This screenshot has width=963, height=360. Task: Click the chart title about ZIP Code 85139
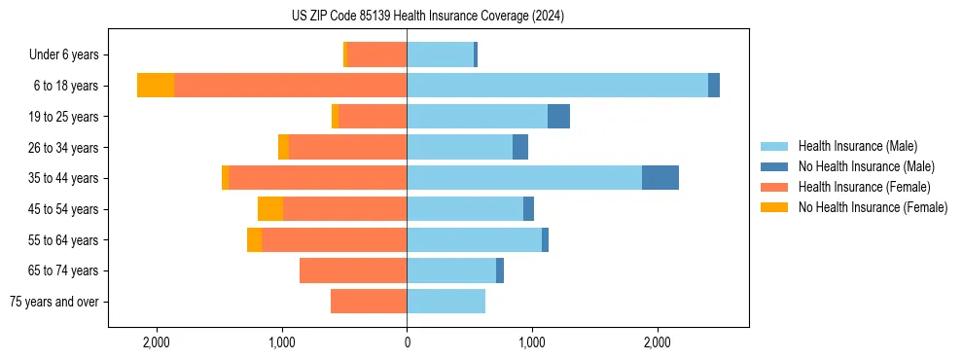pyautogui.click(x=427, y=17)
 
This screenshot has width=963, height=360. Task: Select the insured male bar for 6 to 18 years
pyautogui.click(x=557, y=86)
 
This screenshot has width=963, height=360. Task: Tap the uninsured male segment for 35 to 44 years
pyautogui.click(x=660, y=178)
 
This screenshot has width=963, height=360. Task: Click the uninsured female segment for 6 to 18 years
pyautogui.click(x=156, y=86)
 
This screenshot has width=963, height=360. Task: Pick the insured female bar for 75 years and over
pyautogui.click(x=369, y=302)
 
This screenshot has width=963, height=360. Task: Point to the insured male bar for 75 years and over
pyautogui.click(x=446, y=302)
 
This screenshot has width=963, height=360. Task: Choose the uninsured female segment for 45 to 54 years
pyautogui.click(x=270, y=209)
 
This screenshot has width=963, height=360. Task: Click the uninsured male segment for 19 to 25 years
pyautogui.click(x=558, y=117)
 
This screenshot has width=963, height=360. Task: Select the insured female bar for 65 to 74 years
pyautogui.click(x=353, y=270)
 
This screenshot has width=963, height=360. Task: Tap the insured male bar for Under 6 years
pyautogui.click(x=440, y=54)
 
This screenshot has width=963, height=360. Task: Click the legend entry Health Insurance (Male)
pyautogui.click(x=857, y=146)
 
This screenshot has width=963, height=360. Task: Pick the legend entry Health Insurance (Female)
pyautogui.click(x=864, y=187)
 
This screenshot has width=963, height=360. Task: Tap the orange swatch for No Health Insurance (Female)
pyautogui.click(x=774, y=207)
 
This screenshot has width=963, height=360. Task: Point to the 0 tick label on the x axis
pyautogui.click(x=407, y=343)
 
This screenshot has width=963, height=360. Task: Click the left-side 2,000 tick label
pyautogui.click(x=157, y=343)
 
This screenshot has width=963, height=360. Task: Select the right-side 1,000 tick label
pyautogui.click(x=532, y=343)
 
